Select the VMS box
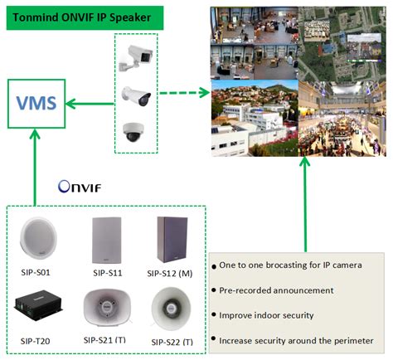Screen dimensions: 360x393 (36, 104)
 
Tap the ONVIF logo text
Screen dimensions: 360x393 (80, 187)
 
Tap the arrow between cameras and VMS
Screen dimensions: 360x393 (87, 103)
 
